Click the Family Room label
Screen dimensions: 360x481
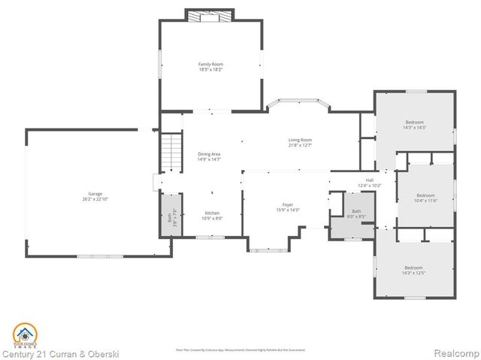tap(210, 65)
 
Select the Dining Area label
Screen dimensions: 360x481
tap(209, 154)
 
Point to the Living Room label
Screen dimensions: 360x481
tap(300, 140)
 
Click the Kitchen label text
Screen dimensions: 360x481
tap(212, 213)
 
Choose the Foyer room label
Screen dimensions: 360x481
tap(288, 204)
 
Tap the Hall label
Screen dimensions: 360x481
tap(369, 180)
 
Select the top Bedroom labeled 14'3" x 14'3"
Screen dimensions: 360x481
tap(414, 123)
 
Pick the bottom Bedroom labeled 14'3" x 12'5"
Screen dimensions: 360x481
tap(413, 268)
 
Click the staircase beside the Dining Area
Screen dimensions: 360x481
tap(172, 151)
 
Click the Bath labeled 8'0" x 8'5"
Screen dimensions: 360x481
tap(355, 214)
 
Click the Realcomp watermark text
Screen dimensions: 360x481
tap(452, 353)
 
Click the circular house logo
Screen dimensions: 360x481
tap(24, 334)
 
